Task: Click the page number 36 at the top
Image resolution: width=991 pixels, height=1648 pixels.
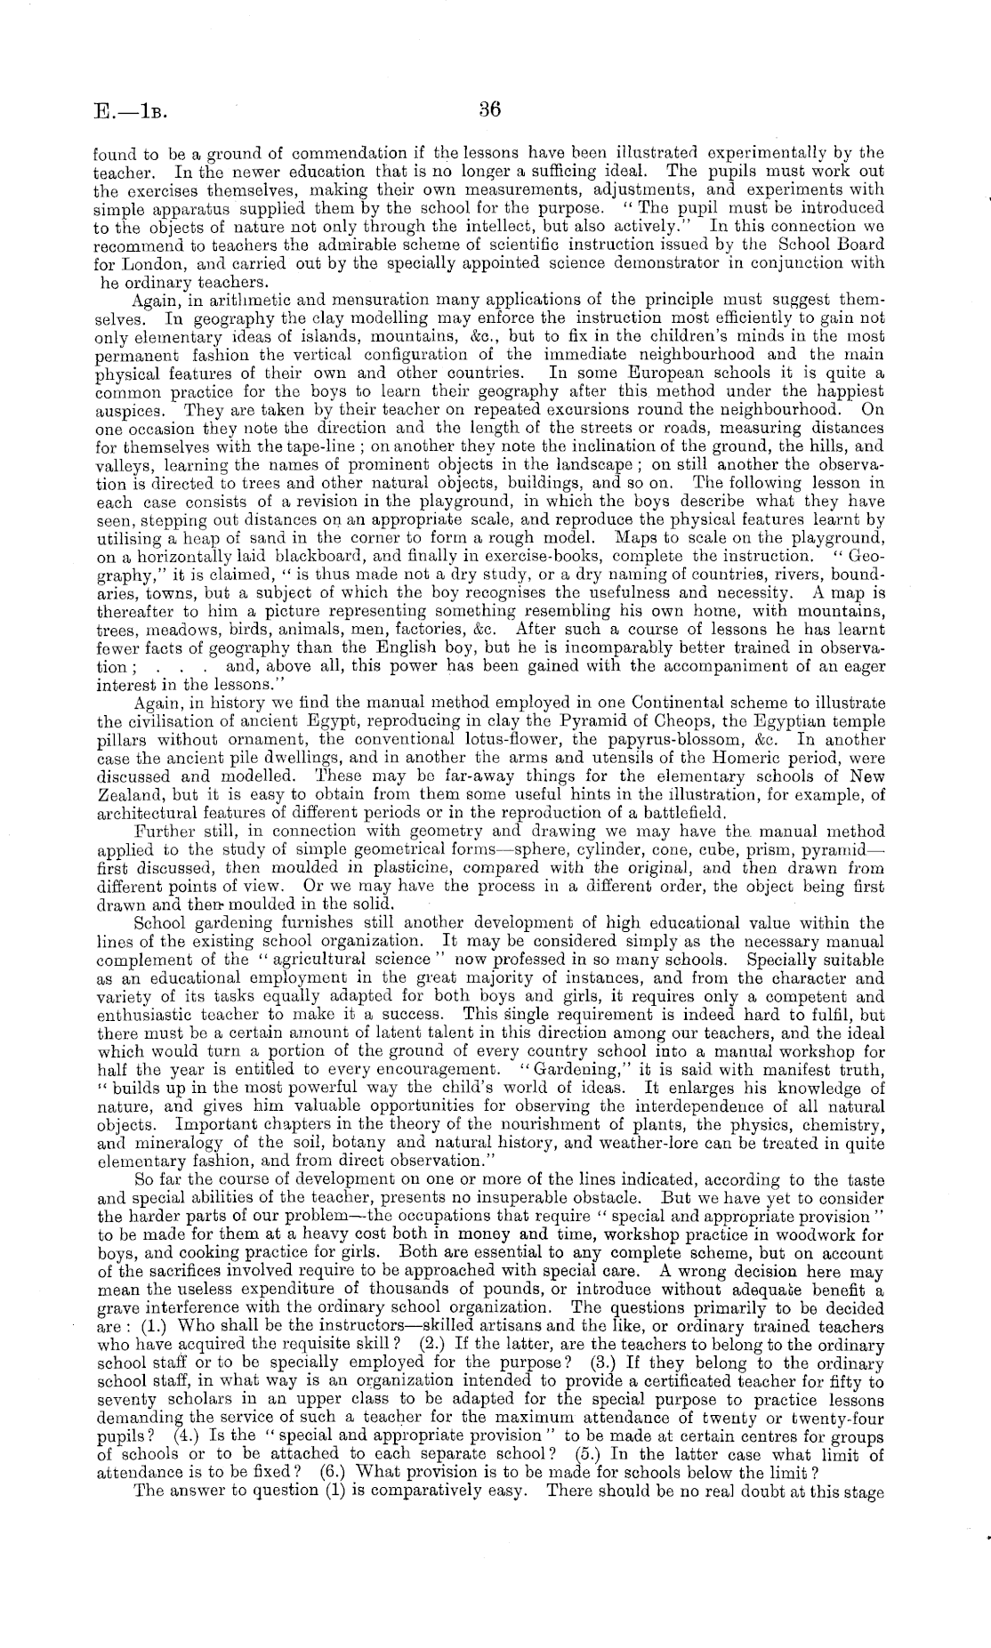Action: pyautogui.click(x=490, y=109)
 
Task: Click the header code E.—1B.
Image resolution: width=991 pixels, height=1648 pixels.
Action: pyautogui.click(x=130, y=113)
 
